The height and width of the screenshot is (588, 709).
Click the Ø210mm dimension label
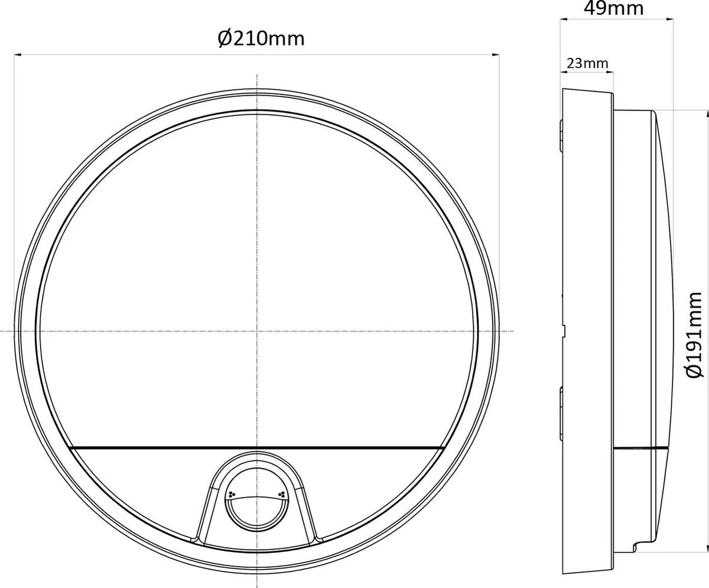click(261, 39)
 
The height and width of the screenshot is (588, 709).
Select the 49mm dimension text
click(614, 8)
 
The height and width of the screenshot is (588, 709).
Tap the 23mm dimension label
click(587, 63)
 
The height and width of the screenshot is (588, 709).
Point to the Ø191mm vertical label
click(694, 334)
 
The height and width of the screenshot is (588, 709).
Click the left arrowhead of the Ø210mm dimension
click(18, 54)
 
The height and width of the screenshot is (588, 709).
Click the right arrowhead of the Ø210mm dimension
click(496, 54)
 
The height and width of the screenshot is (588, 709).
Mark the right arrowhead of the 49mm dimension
click(669, 20)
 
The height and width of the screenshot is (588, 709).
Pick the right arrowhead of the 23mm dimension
click(610, 72)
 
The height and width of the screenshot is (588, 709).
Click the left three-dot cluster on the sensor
click(232, 495)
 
